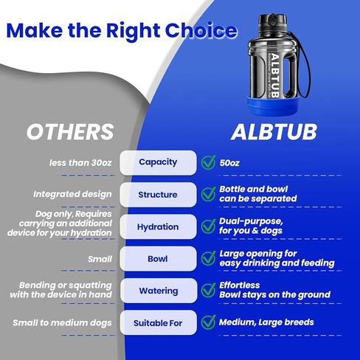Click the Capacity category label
click(158, 162)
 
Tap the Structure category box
click(158, 195)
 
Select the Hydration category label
click(158, 226)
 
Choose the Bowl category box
click(158, 259)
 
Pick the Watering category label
click(159, 291)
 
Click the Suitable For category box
click(159, 322)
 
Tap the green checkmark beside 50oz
click(209, 162)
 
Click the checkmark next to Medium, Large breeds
click(209, 322)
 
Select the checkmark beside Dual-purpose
click(209, 226)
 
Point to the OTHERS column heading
click(70, 132)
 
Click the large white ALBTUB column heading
click(274, 132)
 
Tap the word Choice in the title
click(201, 30)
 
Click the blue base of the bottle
click(273, 105)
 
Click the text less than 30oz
click(80, 163)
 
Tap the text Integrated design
click(72, 194)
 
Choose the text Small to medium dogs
click(62, 323)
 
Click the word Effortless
click(240, 285)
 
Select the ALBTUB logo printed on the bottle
click(274, 76)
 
